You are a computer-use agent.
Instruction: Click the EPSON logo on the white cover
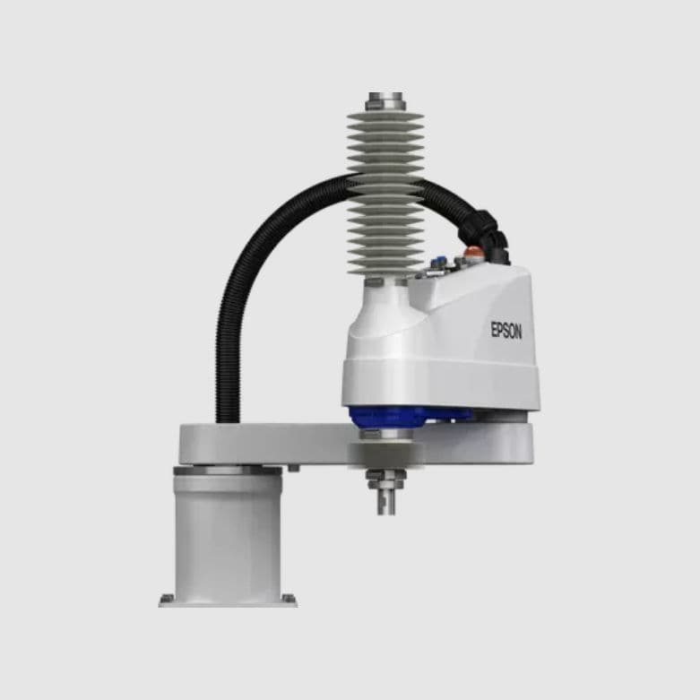(x=506, y=330)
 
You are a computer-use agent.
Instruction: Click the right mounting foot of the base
(x=289, y=599)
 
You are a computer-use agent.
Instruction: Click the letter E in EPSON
(x=494, y=329)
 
